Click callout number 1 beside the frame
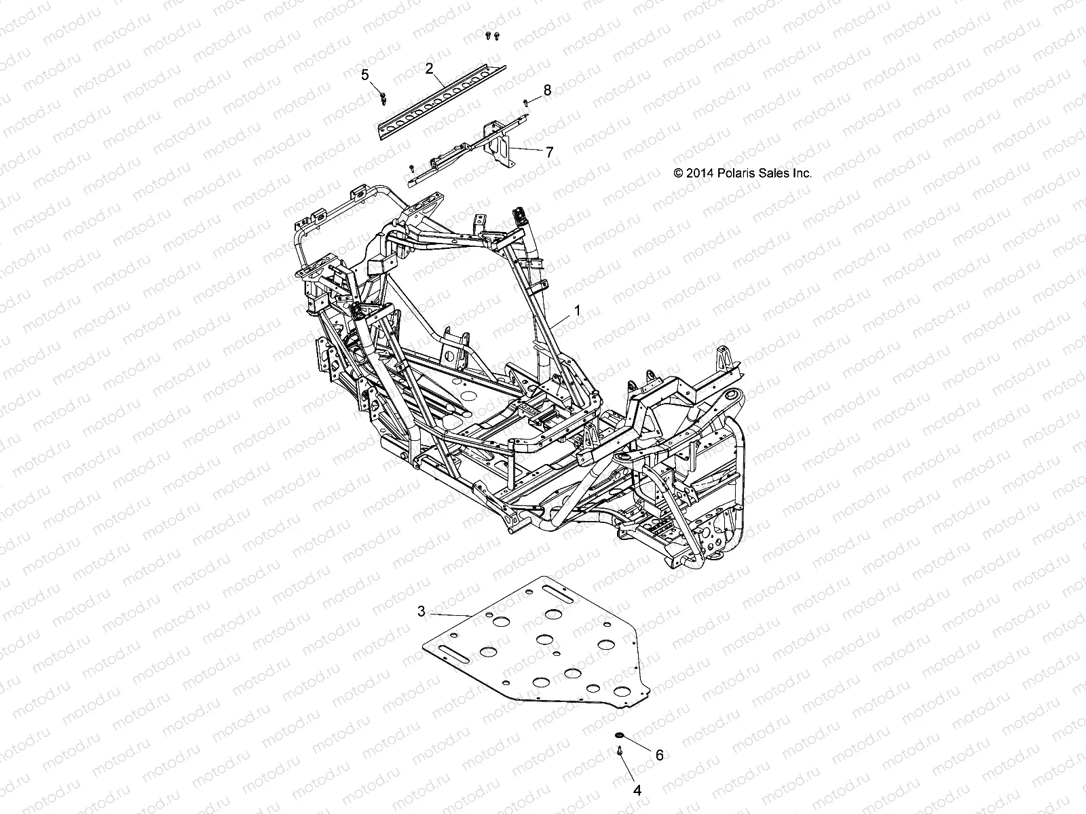point(577,311)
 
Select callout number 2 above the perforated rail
point(429,68)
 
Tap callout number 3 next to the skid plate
point(421,611)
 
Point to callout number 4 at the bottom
point(637,790)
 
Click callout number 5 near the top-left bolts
point(364,75)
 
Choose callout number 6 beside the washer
point(658,754)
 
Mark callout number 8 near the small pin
point(547,90)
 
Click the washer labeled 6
point(618,735)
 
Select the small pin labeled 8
point(526,102)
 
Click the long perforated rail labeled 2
point(448,99)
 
